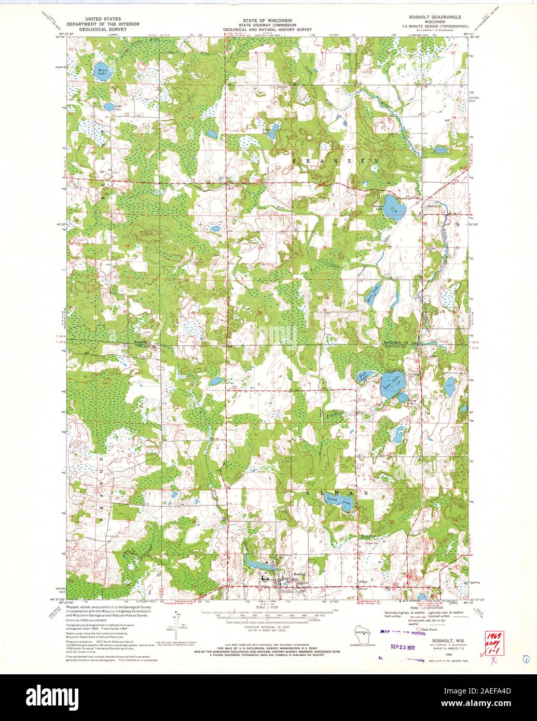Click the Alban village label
click(363, 582)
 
